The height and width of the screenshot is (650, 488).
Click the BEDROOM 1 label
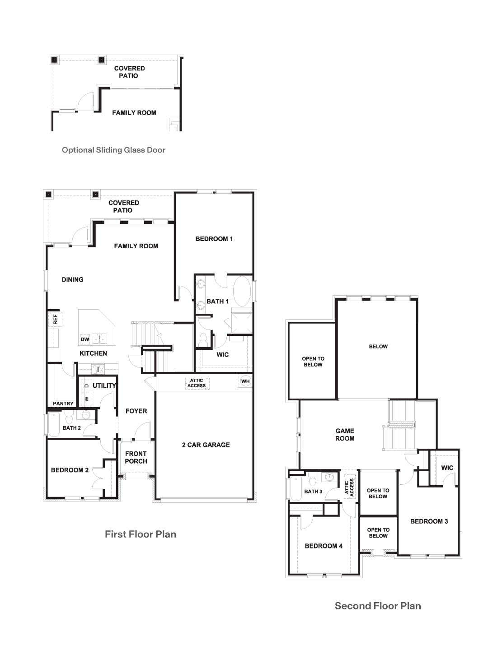pos(214,239)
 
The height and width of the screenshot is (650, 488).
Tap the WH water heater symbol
pos(245,381)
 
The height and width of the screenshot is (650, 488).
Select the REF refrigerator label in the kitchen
pos(55,319)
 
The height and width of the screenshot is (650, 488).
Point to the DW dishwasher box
pos(84,339)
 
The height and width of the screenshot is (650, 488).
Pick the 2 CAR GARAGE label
pos(206,445)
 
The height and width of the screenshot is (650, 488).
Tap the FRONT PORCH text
pos(136,457)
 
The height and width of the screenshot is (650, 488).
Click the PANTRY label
pos(63,404)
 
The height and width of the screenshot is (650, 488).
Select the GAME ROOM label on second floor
pos(345,435)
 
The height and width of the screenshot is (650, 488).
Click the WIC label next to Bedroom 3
pos(447,468)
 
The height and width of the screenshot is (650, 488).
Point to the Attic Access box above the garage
pos(197,383)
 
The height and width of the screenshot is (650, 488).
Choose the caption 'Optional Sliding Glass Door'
pos(113,150)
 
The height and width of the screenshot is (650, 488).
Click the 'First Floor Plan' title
pos(141,534)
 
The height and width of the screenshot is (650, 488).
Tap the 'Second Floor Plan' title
pos(378,606)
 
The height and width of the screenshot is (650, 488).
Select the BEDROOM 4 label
pos(324,546)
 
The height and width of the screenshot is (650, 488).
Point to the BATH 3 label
pos(313,491)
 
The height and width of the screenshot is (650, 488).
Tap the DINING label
pos(72,279)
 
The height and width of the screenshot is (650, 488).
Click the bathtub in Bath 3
pos(296,489)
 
